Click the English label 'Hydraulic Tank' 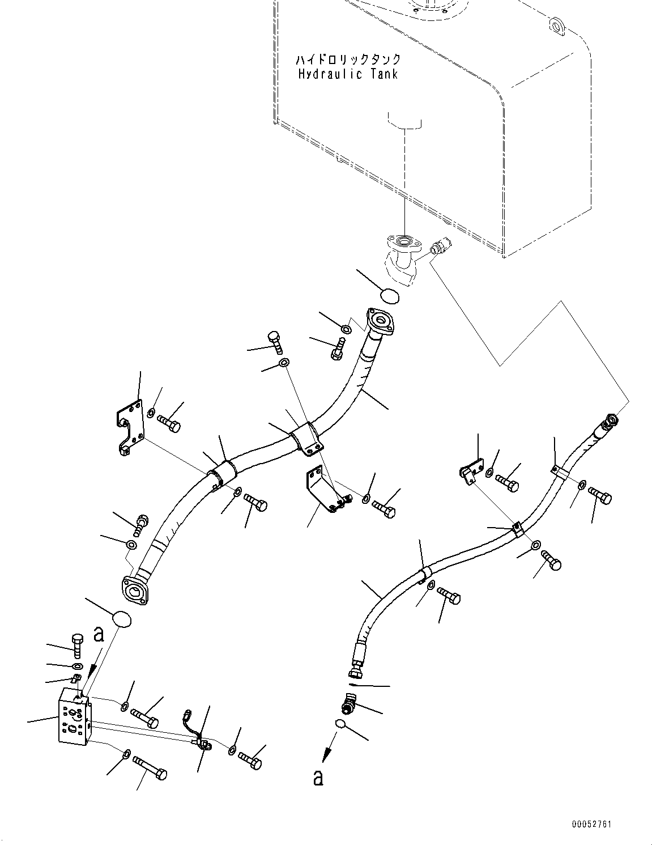(x=348, y=74)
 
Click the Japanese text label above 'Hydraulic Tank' (x=348, y=60)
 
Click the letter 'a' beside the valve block (x=99, y=635)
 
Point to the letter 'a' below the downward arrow (x=318, y=778)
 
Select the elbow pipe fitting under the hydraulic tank (x=403, y=261)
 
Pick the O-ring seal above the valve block (x=123, y=619)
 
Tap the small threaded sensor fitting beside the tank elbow (x=440, y=248)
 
